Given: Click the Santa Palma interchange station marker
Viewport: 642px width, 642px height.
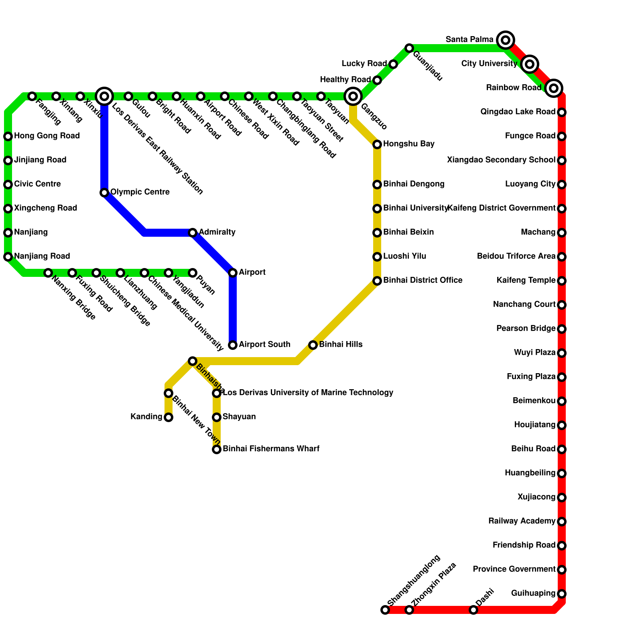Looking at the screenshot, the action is [x=506, y=40].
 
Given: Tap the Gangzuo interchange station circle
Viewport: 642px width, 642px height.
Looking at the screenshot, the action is [x=353, y=96].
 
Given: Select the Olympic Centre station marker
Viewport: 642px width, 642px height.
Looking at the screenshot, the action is [x=104, y=193].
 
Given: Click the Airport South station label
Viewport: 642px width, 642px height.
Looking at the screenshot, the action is [x=264, y=345].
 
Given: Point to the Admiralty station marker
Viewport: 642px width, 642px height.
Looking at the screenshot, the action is [x=193, y=233].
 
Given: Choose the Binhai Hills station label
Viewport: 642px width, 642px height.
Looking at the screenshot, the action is [x=341, y=345].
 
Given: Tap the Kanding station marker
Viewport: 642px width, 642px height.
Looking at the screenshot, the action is [x=169, y=417].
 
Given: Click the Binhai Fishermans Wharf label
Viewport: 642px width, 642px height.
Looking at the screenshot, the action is [x=271, y=449].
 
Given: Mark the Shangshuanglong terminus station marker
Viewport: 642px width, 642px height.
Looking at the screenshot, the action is [x=385, y=610].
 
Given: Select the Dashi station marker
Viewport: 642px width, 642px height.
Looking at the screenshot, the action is [x=473, y=610].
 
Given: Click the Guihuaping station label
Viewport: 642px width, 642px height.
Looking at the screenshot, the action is [x=533, y=593].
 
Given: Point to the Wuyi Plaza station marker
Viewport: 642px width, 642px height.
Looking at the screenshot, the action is [x=562, y=353].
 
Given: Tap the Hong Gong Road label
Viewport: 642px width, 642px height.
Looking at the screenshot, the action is [x=47, y=136].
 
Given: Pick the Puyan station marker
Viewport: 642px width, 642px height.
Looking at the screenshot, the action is [x=193, y=273].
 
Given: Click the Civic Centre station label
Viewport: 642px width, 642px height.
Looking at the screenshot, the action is [x=37, y=184].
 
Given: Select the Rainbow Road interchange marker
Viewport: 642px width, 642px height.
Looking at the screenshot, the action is [x=554, y=88].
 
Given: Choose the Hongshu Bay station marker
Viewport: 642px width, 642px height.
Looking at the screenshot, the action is [x=377, y=144].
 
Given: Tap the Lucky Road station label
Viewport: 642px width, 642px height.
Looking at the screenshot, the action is [x=364, y=64].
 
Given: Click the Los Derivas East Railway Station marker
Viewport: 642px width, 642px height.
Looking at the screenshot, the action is [x=104, y=96].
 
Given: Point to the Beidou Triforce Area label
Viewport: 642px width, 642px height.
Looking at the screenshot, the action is [x=516, y=256].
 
